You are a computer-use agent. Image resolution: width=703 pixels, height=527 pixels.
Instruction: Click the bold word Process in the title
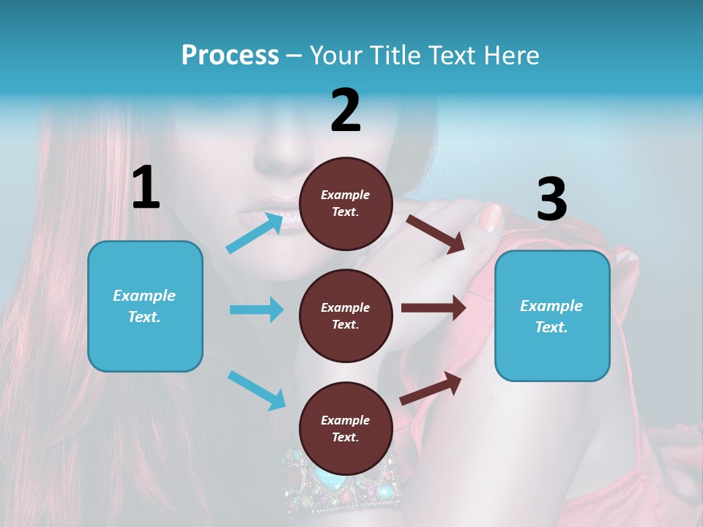230,56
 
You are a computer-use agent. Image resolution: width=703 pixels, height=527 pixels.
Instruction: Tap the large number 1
146,187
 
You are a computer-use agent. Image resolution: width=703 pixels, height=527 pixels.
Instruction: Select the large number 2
346,111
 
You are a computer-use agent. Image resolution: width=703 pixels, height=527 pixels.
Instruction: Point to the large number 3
551,200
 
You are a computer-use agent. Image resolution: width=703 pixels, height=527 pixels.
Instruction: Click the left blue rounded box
145,306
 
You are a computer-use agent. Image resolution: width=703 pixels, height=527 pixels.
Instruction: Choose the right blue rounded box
552,315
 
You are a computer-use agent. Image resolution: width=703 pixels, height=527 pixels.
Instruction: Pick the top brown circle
346,203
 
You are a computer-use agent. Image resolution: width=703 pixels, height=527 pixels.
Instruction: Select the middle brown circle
346,315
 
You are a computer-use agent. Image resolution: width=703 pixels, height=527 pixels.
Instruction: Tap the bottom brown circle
346,428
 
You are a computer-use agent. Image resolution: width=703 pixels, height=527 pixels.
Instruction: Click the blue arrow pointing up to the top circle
255,233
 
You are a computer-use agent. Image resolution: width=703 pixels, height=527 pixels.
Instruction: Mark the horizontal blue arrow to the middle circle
256,310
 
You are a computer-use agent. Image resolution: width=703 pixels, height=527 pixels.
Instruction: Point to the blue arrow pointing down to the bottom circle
256,389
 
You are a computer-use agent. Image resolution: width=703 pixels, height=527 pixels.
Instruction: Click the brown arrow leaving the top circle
436,233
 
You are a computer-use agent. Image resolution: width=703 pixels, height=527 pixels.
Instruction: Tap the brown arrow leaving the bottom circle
431,388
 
